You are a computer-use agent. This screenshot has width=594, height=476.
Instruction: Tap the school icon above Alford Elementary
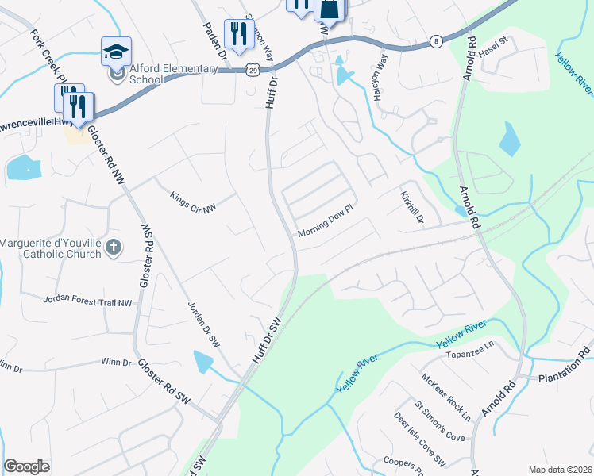pyautogui.click(x=116, y=52)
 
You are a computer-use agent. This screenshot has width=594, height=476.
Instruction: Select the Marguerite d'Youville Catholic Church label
pyautogui.click(x=51, y=248)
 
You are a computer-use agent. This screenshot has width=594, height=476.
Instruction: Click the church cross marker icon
pyautogui.click(x=113, y=248)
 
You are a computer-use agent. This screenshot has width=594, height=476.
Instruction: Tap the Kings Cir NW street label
pyautogui.click(x=193, y=203)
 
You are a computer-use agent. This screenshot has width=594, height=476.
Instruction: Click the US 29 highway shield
pyautogui.click(x=251, y=70)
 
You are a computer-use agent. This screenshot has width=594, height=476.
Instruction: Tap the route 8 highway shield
pyautogui.click(x=436, y=41)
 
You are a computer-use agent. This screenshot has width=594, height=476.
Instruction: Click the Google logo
pyautogui.click(x=26, y=466)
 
